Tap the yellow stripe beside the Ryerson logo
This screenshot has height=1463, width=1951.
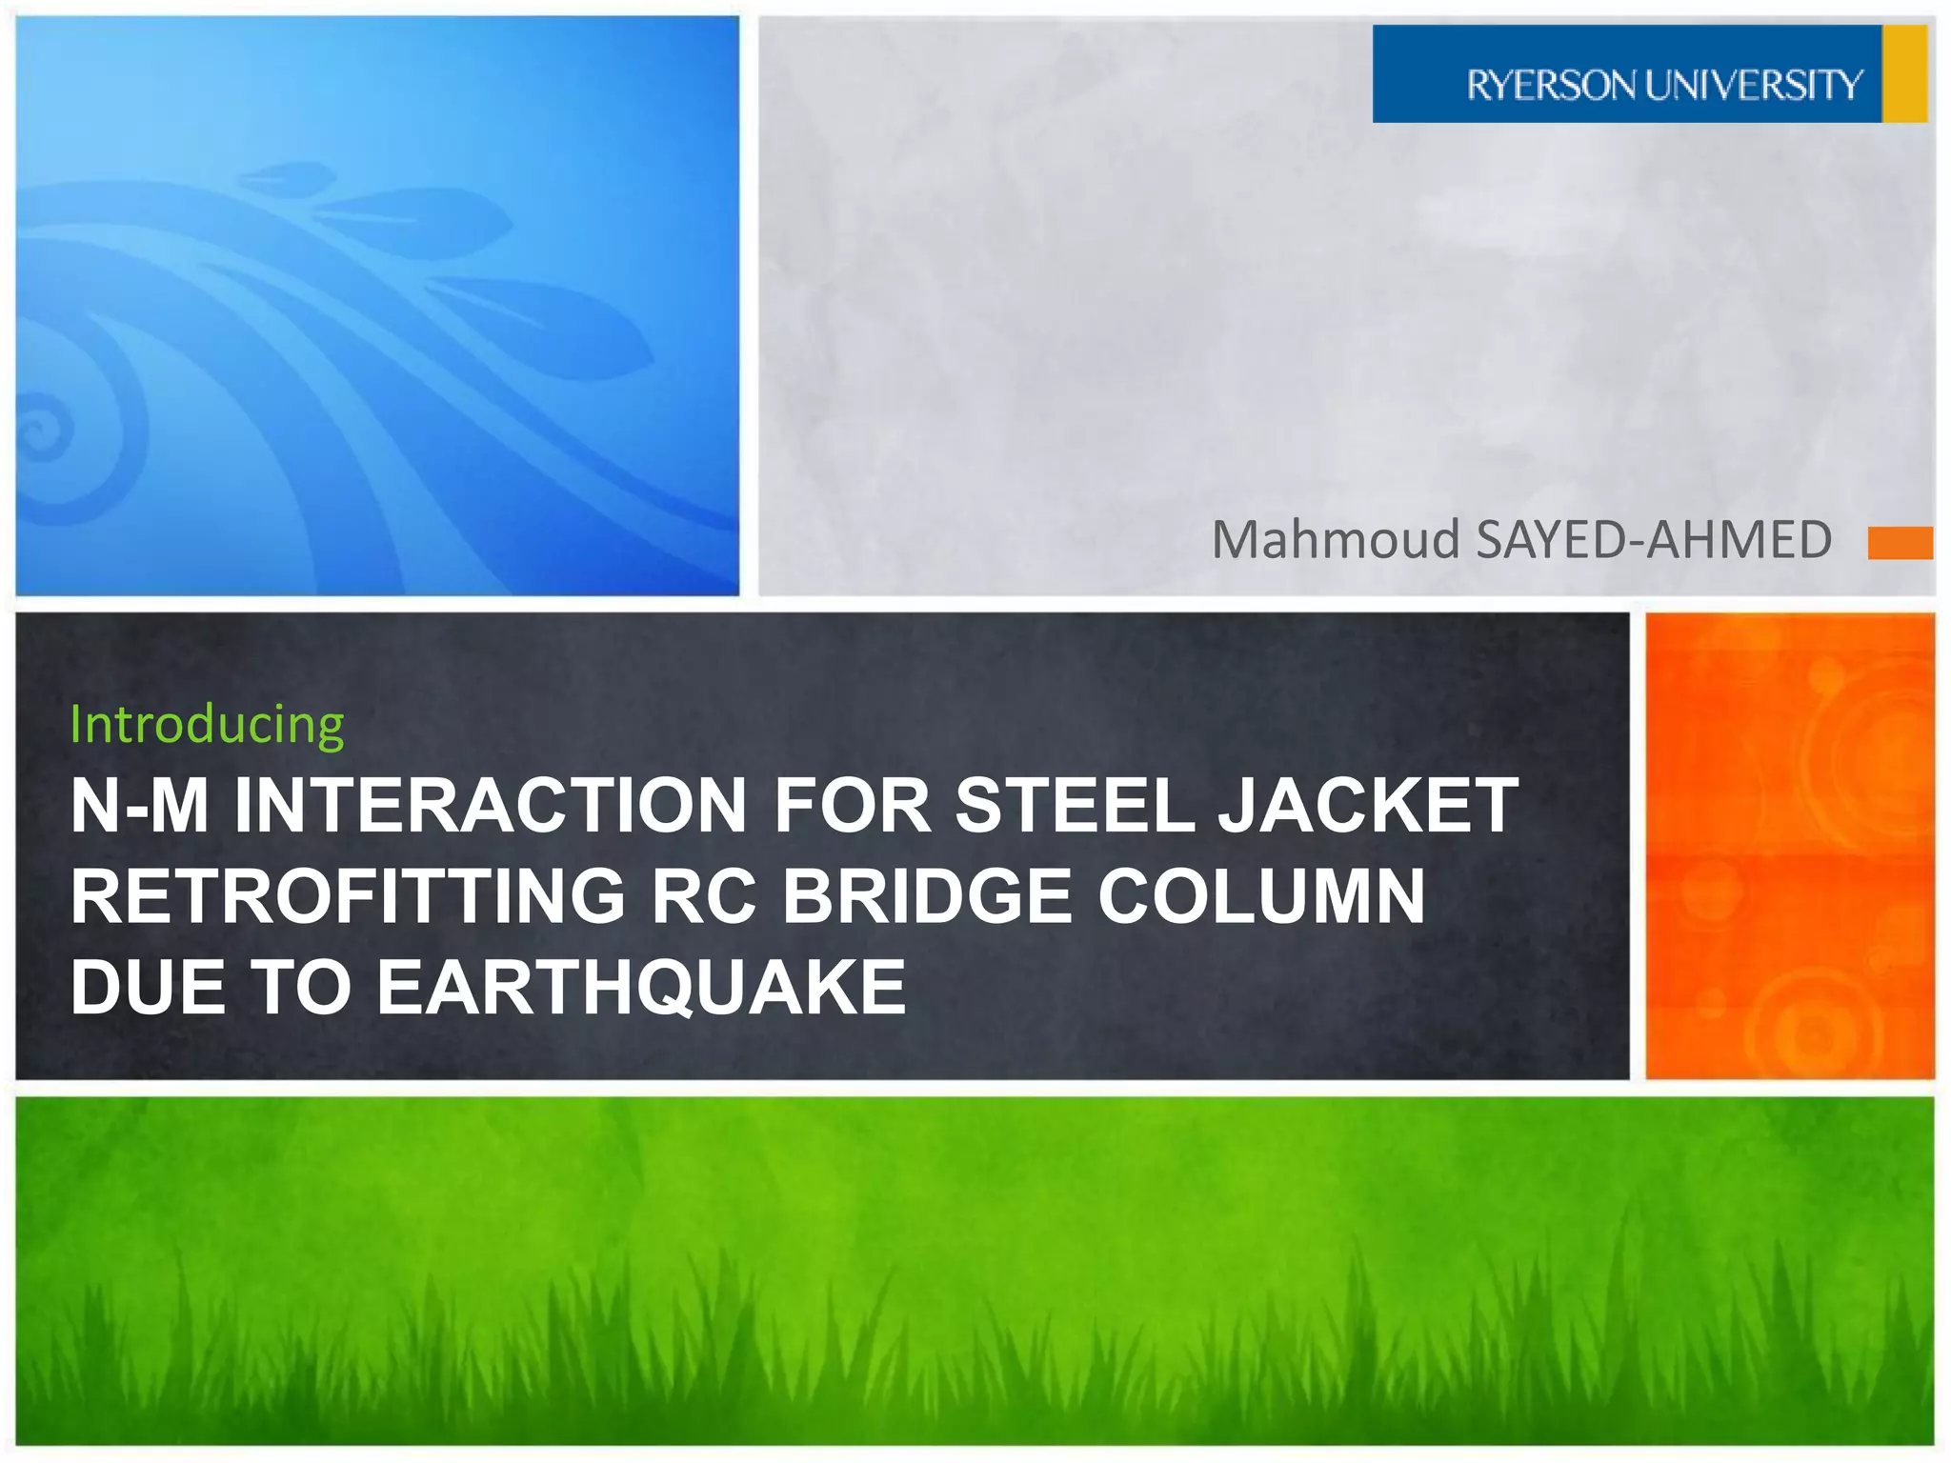click(1904, 74)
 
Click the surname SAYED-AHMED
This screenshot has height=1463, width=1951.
click(1653, 540)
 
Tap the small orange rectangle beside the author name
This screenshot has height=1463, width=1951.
click(1900, 542)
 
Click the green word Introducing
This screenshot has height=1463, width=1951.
click(207, 724)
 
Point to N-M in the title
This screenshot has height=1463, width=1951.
click(139, 806)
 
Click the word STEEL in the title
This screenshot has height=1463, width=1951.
click(1074, 806)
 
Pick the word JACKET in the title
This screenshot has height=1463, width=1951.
click(1368, 806)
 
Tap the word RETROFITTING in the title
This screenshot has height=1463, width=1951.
click(348, 896)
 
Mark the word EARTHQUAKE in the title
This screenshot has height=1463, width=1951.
click(640, 987)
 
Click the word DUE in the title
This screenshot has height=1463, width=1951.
click(149, 987)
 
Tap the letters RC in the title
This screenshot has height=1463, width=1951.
click(702, 896)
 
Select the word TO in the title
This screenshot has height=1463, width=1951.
click(301, 987)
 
